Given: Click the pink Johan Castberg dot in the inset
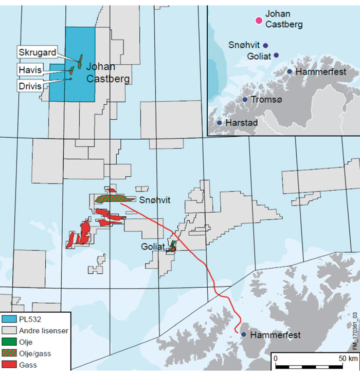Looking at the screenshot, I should [x=259, y=20].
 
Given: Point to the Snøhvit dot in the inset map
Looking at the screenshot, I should [x=265, y=45].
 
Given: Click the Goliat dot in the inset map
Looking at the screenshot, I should [x=276, y=55].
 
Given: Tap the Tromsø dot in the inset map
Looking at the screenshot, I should [x=245, y=100].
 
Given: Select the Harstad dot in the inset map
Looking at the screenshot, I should [x=220, y=123].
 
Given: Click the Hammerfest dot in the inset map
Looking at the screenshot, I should [x=290, y=71].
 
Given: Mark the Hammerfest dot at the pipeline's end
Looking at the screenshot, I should [x=242, y=334].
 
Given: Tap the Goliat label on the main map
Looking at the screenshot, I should [x=153, y=247].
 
